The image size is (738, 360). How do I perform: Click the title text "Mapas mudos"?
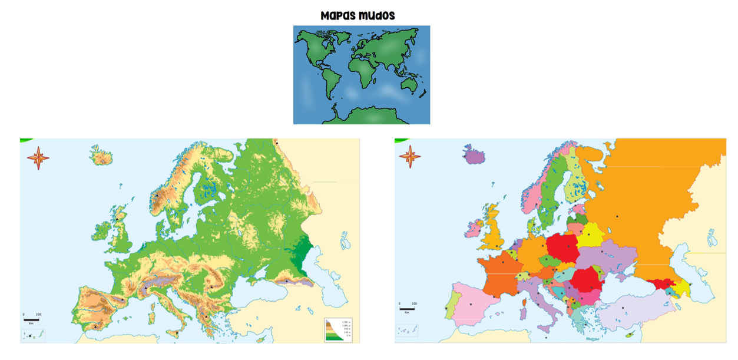click(x=358, y=16)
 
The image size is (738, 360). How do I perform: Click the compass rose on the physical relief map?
click(x=38, y=157)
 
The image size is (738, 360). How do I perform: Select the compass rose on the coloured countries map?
click(x=410, y=157)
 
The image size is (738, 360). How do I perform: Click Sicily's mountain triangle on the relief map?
click(x=176, y=333)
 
